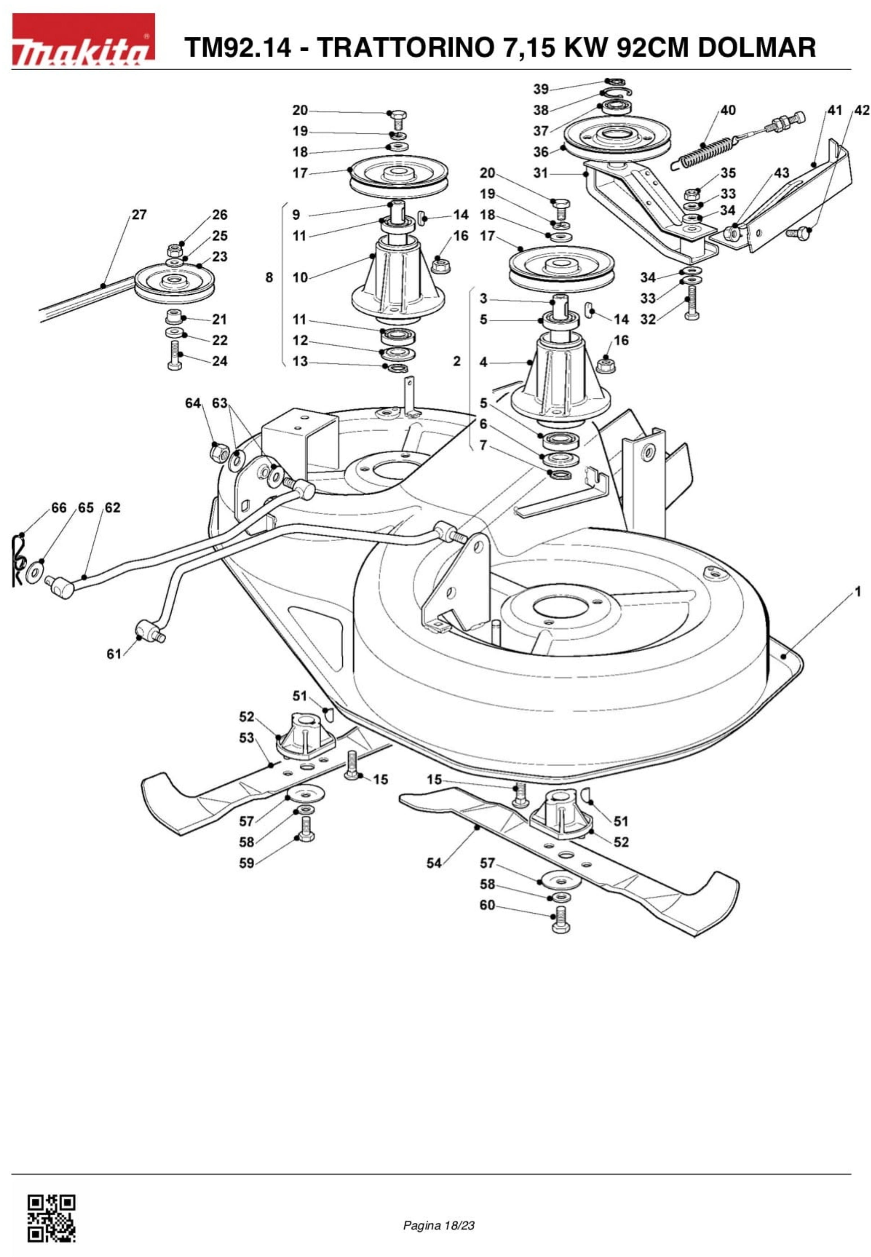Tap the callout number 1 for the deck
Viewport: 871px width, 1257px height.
pos(858,591)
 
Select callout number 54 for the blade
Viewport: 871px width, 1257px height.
pos(434,863)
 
